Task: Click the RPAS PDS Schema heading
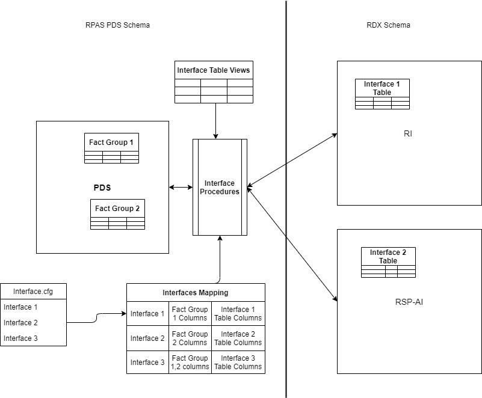(117, 25)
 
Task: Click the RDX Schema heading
(388, 25)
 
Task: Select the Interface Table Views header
(214, 70)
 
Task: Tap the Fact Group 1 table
(111, 148)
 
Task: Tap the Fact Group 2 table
(117, 214)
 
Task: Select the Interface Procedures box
(220, 188)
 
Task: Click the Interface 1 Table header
(382, 88)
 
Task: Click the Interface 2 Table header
(388, 256)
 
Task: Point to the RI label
(407, 134)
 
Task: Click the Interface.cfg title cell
(33, 292)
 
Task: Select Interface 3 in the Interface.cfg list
(20, 338)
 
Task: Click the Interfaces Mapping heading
(196, 293)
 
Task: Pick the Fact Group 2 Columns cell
(190, 338)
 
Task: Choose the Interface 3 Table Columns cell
(238, 362)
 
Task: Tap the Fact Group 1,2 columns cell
(190, 362)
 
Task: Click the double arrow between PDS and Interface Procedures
(181, 188)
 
